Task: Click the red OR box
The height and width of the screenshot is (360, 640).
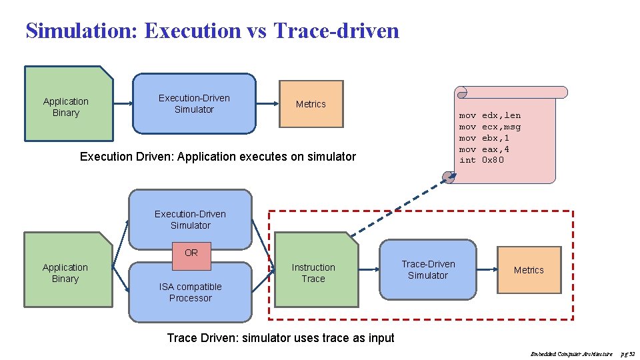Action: click(191, 253)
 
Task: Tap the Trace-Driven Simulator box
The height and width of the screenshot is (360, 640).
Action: click(428, 269)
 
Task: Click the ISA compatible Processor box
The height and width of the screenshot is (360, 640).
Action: click(190, 293)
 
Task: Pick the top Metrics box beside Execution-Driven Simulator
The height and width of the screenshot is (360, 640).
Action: click(311, 104)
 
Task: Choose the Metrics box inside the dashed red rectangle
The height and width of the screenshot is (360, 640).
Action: click(529, 270)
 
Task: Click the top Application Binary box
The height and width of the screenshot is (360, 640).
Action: click(66, 107)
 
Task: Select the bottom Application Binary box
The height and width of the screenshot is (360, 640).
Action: click(65, 273)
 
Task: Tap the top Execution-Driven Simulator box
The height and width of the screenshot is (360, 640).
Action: click(194, 103)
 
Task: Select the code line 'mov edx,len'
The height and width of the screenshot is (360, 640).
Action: click(490, 115)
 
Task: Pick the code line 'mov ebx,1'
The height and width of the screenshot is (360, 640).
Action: click(484, 138)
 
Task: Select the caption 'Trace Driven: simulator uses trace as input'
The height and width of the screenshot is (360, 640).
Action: click(280, 338)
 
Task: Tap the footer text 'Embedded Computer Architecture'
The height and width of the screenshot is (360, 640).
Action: click(571, 354)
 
